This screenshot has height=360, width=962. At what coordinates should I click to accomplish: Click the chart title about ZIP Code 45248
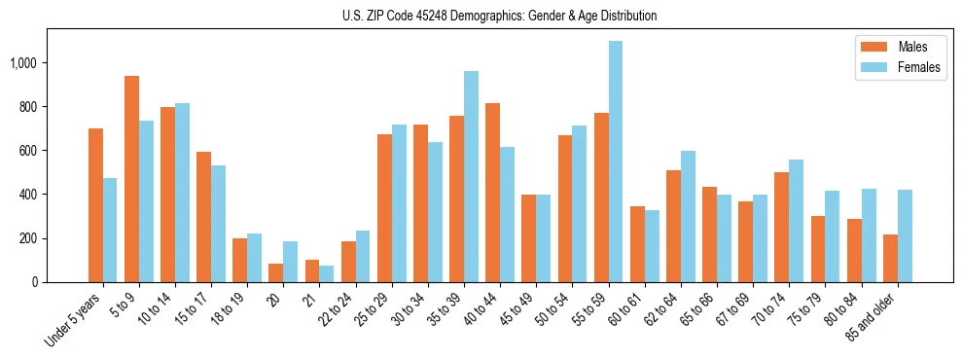499,16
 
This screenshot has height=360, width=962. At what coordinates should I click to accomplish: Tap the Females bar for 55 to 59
616,162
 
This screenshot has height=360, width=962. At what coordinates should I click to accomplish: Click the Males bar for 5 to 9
131,179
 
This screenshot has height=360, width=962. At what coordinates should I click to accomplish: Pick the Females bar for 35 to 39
471,176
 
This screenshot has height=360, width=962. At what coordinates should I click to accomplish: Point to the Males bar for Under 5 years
95,205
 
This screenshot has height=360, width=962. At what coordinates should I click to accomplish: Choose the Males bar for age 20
276,273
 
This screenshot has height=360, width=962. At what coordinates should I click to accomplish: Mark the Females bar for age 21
327,274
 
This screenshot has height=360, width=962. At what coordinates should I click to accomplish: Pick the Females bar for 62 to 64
688,217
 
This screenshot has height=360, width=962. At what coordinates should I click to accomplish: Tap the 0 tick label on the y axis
35,282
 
